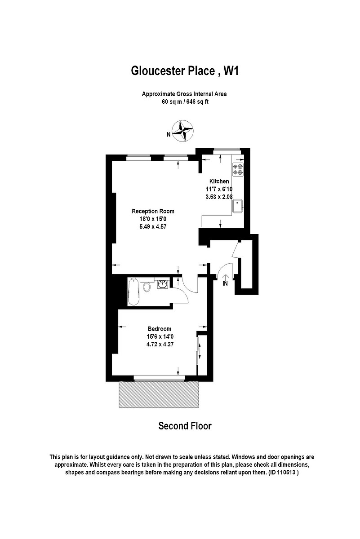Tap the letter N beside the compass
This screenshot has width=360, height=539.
tap(169, 133)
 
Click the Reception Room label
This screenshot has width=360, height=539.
tap(153, 211)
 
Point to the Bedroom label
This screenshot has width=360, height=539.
tap(159, 329)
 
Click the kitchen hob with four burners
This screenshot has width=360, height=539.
tap(237, 170)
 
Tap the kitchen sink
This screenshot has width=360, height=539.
tap(237, 206)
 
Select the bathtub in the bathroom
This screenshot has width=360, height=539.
tap(133, 292)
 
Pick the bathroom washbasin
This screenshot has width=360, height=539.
tap(163, 283)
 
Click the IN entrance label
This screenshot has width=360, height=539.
tap(225, 283)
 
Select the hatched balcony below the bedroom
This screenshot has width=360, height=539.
tap(159, 395)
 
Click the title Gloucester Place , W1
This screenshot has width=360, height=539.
tap(184, 71)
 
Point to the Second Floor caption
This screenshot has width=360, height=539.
tap(185, 426)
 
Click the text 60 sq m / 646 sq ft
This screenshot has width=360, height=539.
tap(185, 102)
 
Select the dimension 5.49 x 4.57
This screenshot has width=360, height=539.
tap(153, 226)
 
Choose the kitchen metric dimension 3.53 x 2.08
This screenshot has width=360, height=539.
tap(217, 196)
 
